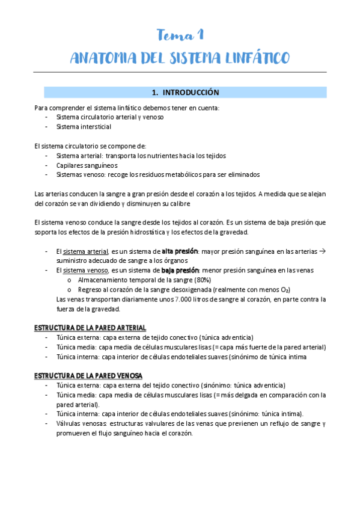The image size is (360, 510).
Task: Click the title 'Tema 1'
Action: click(x=180, y=34)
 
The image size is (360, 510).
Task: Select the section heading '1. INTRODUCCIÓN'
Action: click(x=185, y=93)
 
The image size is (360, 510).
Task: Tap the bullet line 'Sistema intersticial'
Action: click(x=84, y=127)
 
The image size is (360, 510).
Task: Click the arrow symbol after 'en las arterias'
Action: click(x=322, y=251)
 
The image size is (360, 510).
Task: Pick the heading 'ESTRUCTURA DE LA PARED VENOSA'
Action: click(x=89, y=375)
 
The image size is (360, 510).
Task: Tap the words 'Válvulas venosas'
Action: click(x=78, y=423)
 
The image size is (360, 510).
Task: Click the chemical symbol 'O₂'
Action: click(x=285, y=290)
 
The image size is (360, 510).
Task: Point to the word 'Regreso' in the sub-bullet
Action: click(x=90, y=289)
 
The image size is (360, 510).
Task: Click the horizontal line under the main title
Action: click(x=180, y=72)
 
